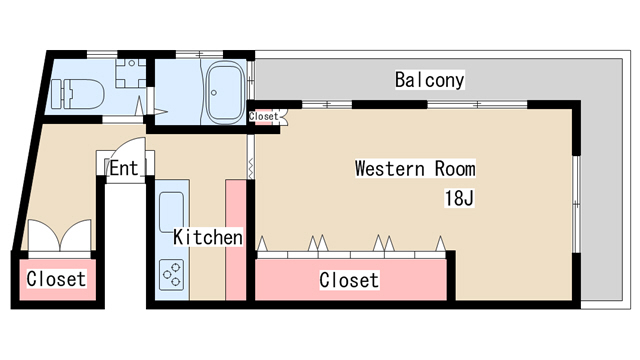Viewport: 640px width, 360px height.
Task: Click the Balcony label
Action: click(x=429, y=80)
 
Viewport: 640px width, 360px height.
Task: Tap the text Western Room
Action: click(x=415, y=169)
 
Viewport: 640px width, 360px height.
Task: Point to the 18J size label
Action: click(x=459, y=198)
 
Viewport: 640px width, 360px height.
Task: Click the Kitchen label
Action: click(x=208, y=237)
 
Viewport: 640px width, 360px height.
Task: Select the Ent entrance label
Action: click(x=124, y=168)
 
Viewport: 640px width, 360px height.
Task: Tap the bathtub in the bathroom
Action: click(x=225, y=93)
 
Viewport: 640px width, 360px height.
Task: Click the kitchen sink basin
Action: click(x=171, y=212)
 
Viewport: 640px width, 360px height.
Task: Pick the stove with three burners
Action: click(x=171, y=275)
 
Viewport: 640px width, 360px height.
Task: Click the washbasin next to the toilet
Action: click(x=131, y=73)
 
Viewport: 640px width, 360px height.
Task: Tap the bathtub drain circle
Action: click(x=214, y=93)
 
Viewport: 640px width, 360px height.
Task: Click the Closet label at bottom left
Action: click(x=56, y=279)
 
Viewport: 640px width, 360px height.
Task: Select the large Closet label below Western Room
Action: click(x=349, y=280)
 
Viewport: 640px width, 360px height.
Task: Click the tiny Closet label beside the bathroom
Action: click(x=264, y=116)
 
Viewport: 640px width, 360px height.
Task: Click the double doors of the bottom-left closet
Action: click(x=60, y=236)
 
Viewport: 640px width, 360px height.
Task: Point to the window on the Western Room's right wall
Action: click(x=576, y=204)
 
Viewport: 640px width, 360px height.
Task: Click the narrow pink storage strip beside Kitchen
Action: click(x=236, y=240)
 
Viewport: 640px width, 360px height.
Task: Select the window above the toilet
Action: click(x=102, y=54)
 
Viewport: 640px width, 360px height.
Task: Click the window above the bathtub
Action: click(x=199, y=54)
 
